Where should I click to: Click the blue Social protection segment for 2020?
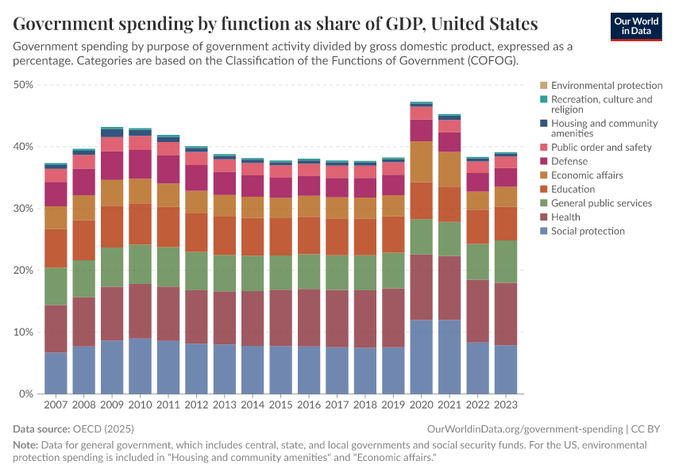pyautogui.click(x=421, y=356)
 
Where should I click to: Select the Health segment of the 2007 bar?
pyautogui.click(x=56, y=328)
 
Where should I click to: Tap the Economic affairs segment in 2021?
pyautogui.click(x=449, y=169)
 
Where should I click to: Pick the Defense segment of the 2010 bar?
pyautogui.click(x=140, y=164)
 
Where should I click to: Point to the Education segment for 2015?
pyautogui.click(x=280, y=236)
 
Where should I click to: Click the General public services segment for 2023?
pyautogui.click(x=506, y=261)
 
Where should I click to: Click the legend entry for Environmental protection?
pyautogui.click(x=607, y=86)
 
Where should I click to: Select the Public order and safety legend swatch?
pyautogui.click(x=543, y=148)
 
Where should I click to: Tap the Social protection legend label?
pyautogui.click(x=588, y=231)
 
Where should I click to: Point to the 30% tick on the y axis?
pyautogui.click(x=23, y=209)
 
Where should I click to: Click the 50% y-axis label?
pyautogui.click(x=23, y=85)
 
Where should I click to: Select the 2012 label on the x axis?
pyautogui.click(x=196, y=405)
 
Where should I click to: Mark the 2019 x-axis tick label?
pyautogui.click(x=393, y=405)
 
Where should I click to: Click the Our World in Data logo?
pyautogui.click(x=635, y=26)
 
